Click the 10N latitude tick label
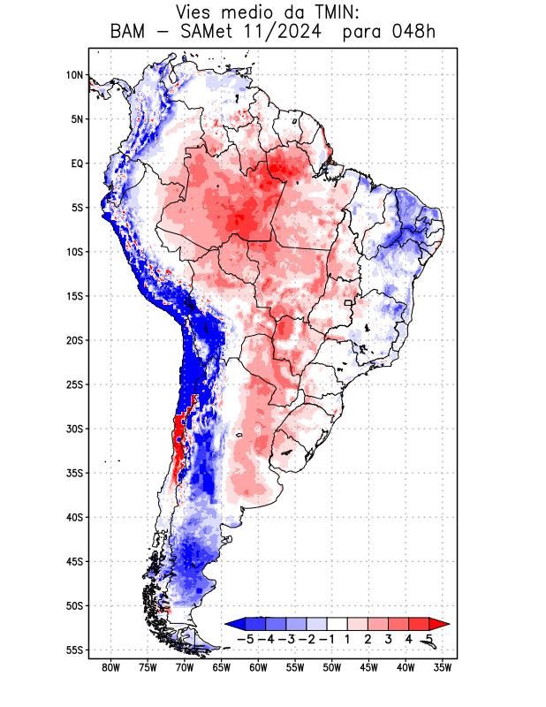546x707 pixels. point(74,75)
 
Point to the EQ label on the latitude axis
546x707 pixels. point(76,163)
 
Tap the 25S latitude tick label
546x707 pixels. point(73,384)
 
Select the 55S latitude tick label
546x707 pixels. point(73,650)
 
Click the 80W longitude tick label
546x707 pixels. point(110,667)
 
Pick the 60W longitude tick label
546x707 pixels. point(258,667)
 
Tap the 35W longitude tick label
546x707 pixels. point(443,667)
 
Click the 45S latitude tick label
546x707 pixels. point(73,561)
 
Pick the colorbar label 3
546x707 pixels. point(388,638)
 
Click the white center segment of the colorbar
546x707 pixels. point(337,623)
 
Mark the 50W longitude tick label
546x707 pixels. point(331,667)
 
